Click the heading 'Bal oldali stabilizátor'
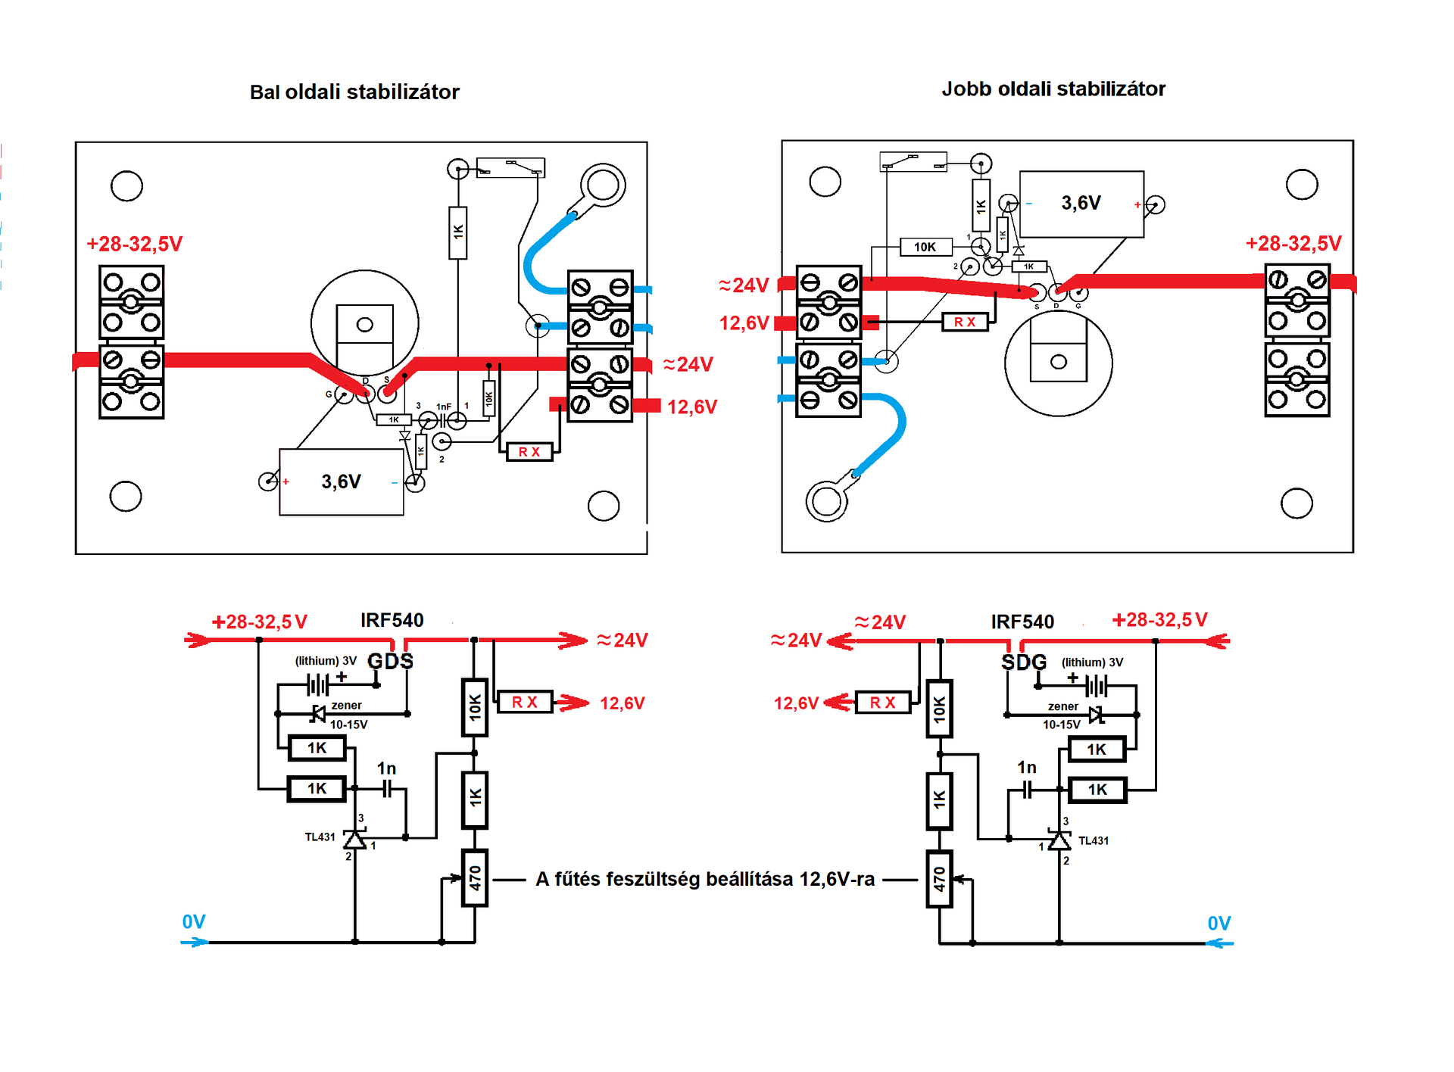(x=354, y=92)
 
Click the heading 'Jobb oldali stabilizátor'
(x=1053, y=89)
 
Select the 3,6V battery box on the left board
(x=342, y=482)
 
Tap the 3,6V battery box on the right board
(x=1081, y=204)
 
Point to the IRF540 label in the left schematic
(x=392, y=621)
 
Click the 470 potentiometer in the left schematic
(x=475, y=878)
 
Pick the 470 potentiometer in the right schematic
(x=940, y=879)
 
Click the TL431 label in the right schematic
(x=1094, y=841)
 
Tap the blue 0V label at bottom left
(x=194, y=922)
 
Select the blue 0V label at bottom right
(x=1219, y=924)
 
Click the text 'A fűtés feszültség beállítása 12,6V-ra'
(x=705, y=879)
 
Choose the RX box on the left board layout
(x=529, y=452)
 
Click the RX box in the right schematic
(x=882, y=703)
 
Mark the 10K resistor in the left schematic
(x=475, y=708)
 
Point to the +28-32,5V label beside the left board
(x=134, y=245)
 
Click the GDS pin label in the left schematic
(x=391, y=662)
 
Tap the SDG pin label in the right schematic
(x=1024, y=662)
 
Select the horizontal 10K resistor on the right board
(x=925, y=247)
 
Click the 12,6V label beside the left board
(x=692, y=407)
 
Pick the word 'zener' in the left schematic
(x=346, y=706)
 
